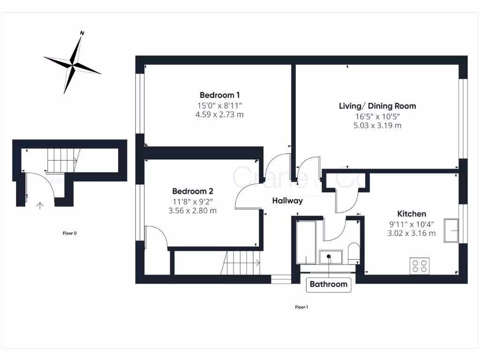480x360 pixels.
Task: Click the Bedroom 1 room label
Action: [x=219, y=95]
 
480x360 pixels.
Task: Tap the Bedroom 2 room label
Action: [x=193, y=191]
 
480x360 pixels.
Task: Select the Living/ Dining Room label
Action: [x=377, y=106]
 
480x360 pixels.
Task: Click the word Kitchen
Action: [x=412, y=214]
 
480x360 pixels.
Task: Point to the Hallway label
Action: [x=287, y=201]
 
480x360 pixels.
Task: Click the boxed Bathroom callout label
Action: [x=329, y=284]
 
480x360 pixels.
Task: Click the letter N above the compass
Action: [x=82, y=33]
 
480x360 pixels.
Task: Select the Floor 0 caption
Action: [x=69, y=233]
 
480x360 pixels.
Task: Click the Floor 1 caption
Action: [x=301, y=307]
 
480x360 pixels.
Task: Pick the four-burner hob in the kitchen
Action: [x=419, y=266]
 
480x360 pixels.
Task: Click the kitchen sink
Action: [x=451, y=230]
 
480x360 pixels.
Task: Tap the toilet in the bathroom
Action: [x=353, y=253]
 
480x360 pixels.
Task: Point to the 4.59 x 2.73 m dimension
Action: [x=219, y=114]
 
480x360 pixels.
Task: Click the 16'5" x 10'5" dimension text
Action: [x=377, y=116]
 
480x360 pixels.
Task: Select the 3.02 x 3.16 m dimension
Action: [x=412, y=233]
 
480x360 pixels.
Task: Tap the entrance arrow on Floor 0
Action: [x=40, y=205]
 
